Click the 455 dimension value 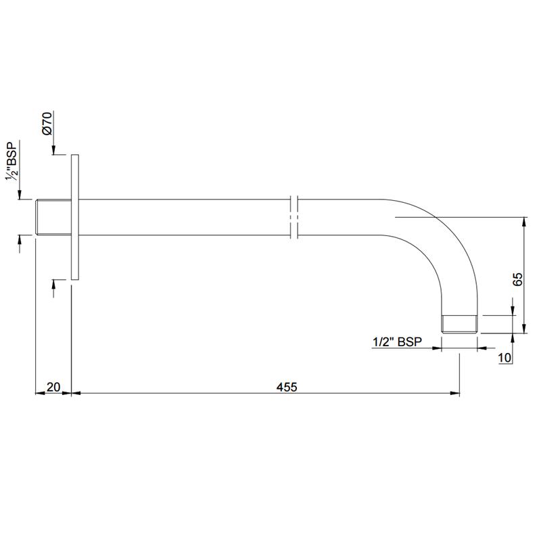tap(287, 387)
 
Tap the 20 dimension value tap(53, 387)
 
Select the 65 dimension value tap(517, 280)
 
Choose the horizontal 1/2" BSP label tap(398, 343)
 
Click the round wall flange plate tap(75, 216)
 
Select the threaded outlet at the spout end tap(459, 323)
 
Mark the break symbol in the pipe tap(293, 218)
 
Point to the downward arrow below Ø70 tap(54, 151)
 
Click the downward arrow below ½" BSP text tap(20, 195)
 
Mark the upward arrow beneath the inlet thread tap(20, 241)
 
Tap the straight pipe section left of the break tap(183, 218)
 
